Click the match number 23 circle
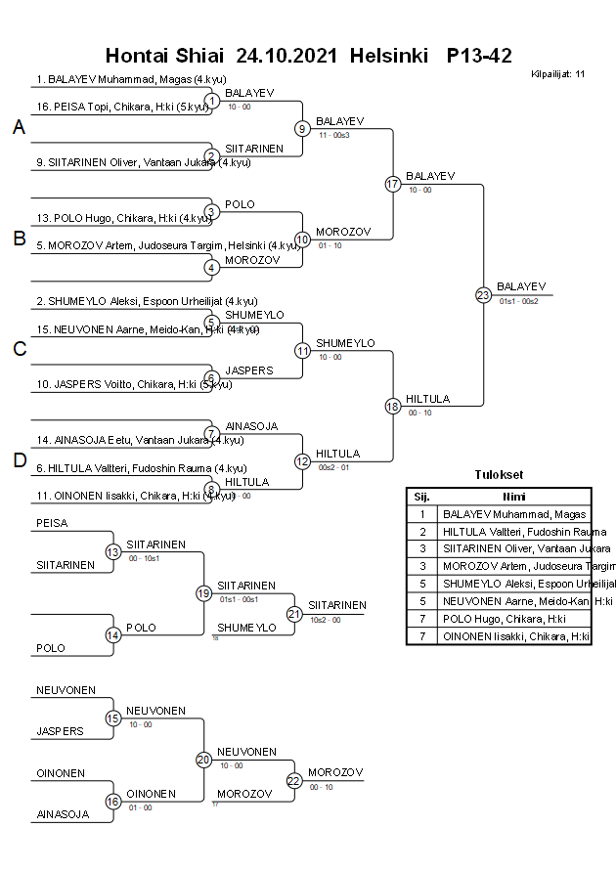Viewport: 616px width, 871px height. point(483,294)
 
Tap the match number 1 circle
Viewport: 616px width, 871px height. point(211,101)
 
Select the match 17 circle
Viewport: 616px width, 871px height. point(393,184)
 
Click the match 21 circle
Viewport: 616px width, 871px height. point(294,614)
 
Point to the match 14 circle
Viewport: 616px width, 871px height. point(113,634)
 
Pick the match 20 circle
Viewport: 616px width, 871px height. point(203,760)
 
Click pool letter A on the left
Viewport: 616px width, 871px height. point(19,128)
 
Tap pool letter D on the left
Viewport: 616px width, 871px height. point(19,460)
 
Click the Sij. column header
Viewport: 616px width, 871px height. point(421,497)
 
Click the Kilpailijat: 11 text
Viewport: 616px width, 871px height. point(557,73)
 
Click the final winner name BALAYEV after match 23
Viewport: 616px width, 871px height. point(521,285)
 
